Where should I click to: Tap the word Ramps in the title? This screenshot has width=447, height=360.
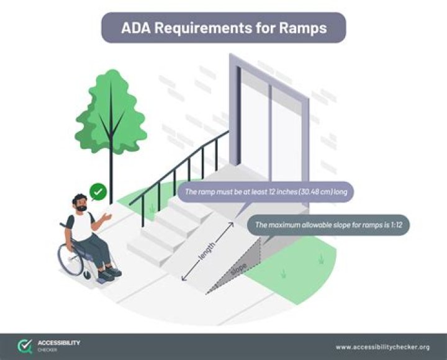click(304, 28)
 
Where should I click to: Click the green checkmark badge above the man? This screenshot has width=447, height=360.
click(97, 191)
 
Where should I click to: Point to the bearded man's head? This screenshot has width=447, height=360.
click(80, 203)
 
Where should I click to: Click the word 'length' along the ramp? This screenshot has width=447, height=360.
click(207, 251)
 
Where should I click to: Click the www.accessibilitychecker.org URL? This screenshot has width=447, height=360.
click(382, 347)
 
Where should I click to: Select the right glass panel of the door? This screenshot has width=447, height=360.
click(286, 140)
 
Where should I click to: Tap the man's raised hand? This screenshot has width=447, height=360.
click(109, 217)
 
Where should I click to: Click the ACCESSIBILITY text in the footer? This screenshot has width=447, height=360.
click(58, 343)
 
